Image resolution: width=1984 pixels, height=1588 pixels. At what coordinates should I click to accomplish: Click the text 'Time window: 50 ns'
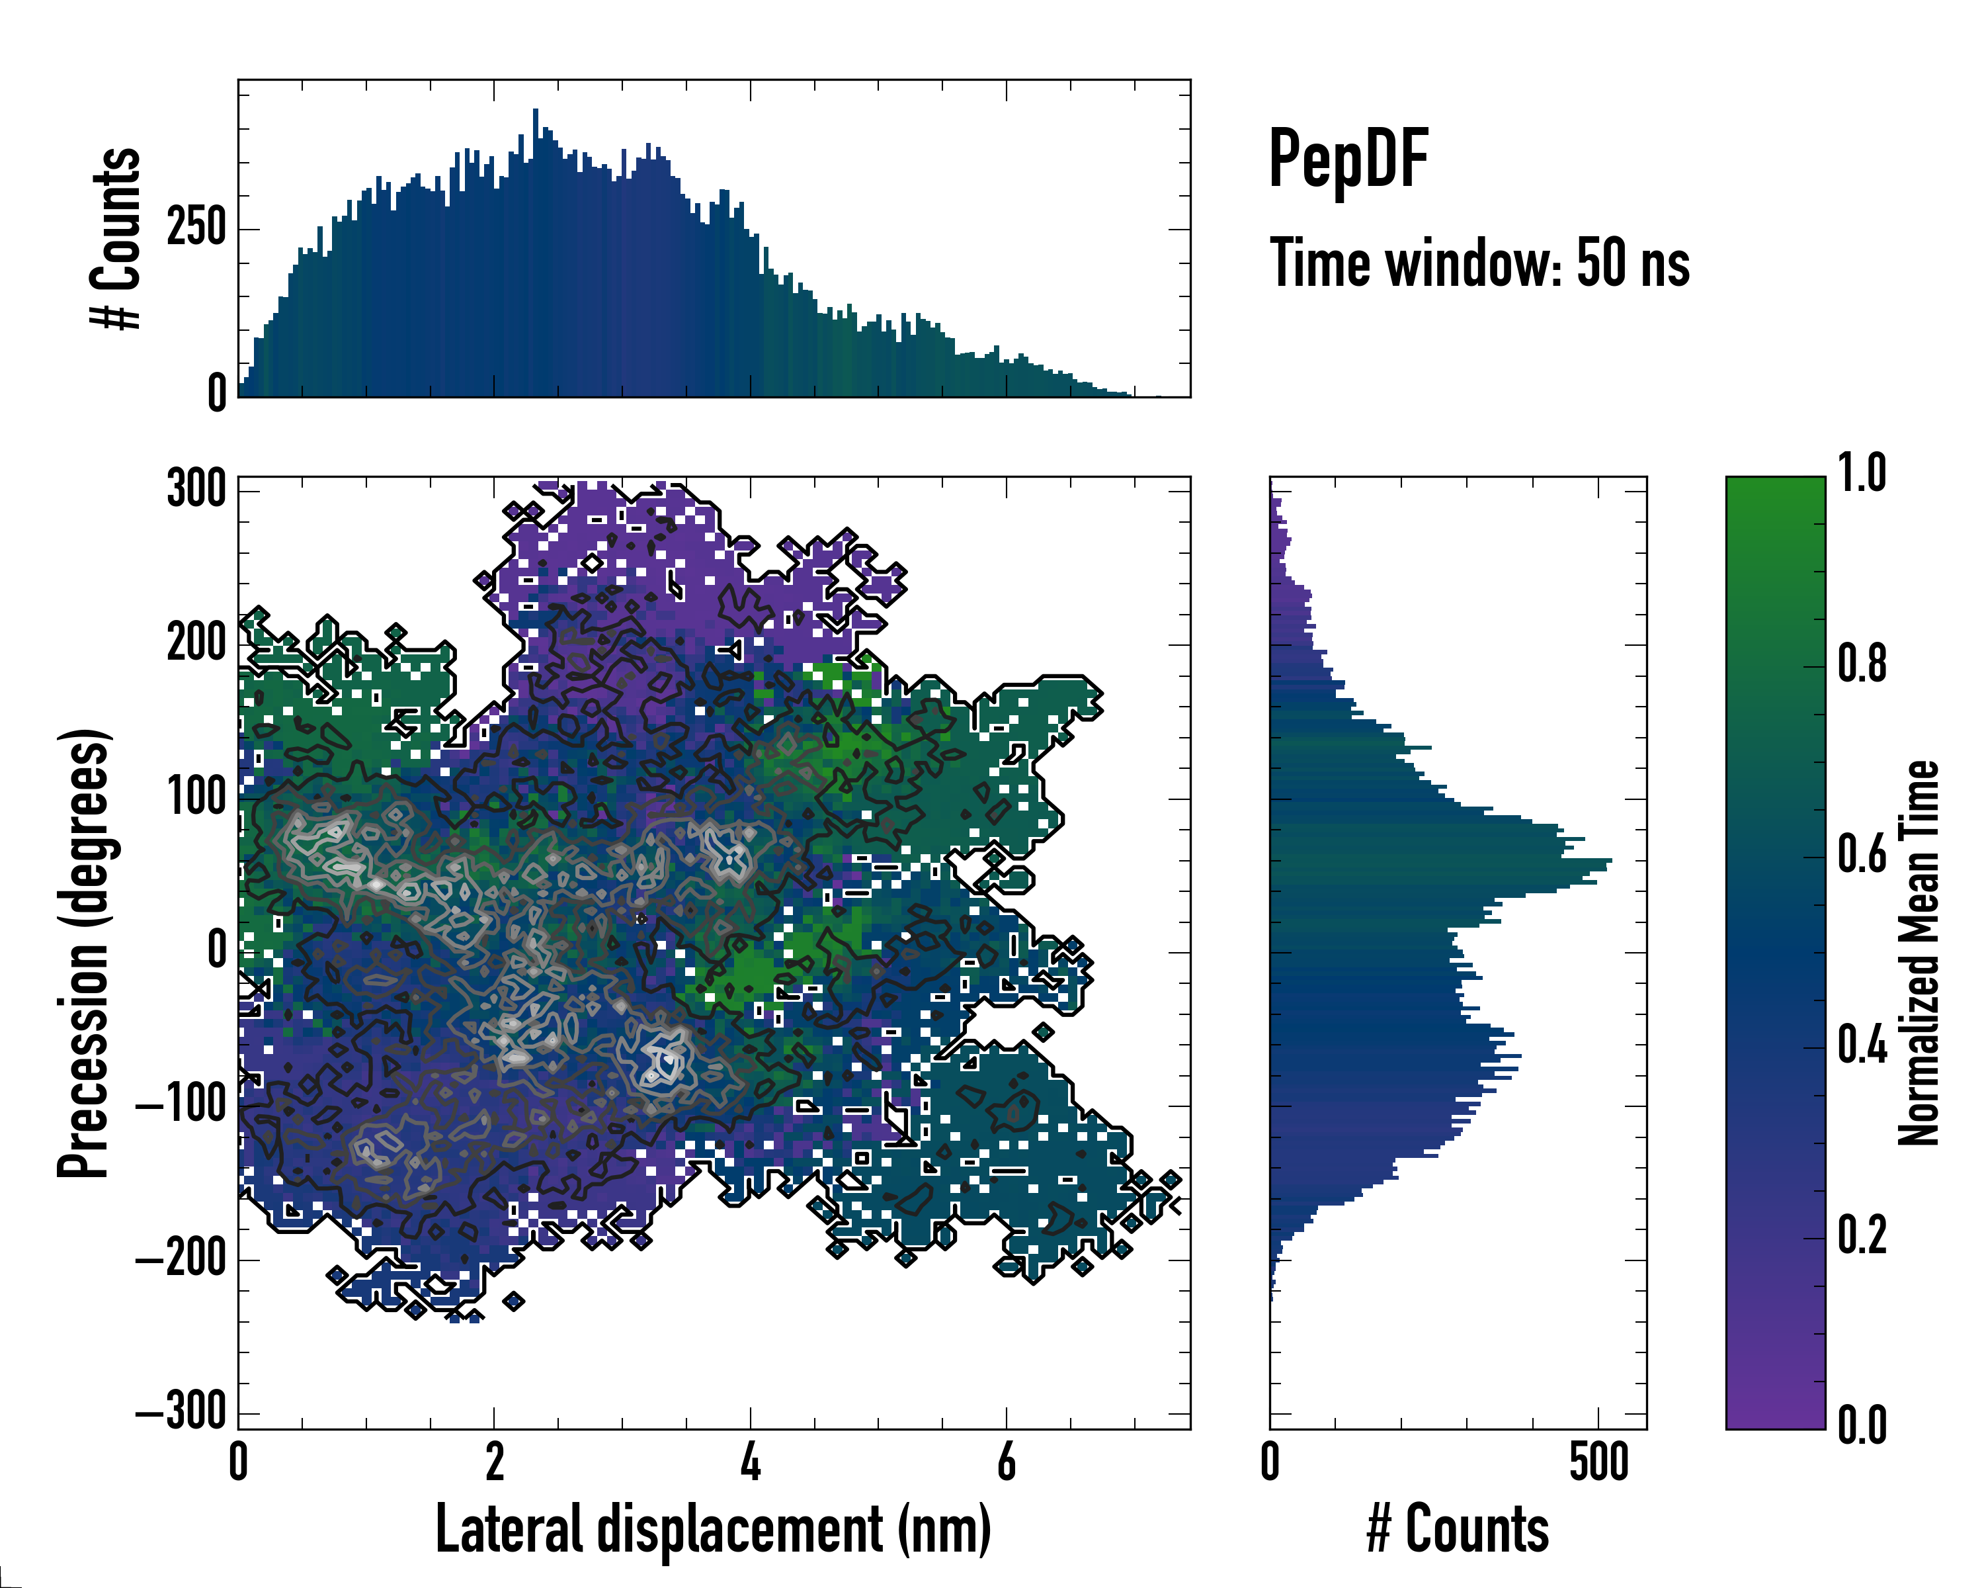1479,263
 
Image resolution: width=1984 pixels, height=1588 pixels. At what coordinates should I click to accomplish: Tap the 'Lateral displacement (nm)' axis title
713,1529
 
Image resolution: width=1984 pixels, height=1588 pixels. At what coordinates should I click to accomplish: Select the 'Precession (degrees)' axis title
84,952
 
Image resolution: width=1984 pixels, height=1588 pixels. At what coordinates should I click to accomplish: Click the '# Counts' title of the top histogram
116,238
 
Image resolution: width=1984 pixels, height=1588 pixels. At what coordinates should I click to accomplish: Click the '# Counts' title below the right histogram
1458,1529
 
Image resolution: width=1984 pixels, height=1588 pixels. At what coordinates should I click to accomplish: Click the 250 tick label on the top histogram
197,228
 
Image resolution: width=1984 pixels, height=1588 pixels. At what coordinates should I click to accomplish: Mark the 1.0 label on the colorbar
1862,474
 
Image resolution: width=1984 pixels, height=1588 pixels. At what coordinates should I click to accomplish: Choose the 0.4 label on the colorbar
1862,1047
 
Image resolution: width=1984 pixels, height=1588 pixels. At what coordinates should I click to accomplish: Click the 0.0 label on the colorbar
1862,1425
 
